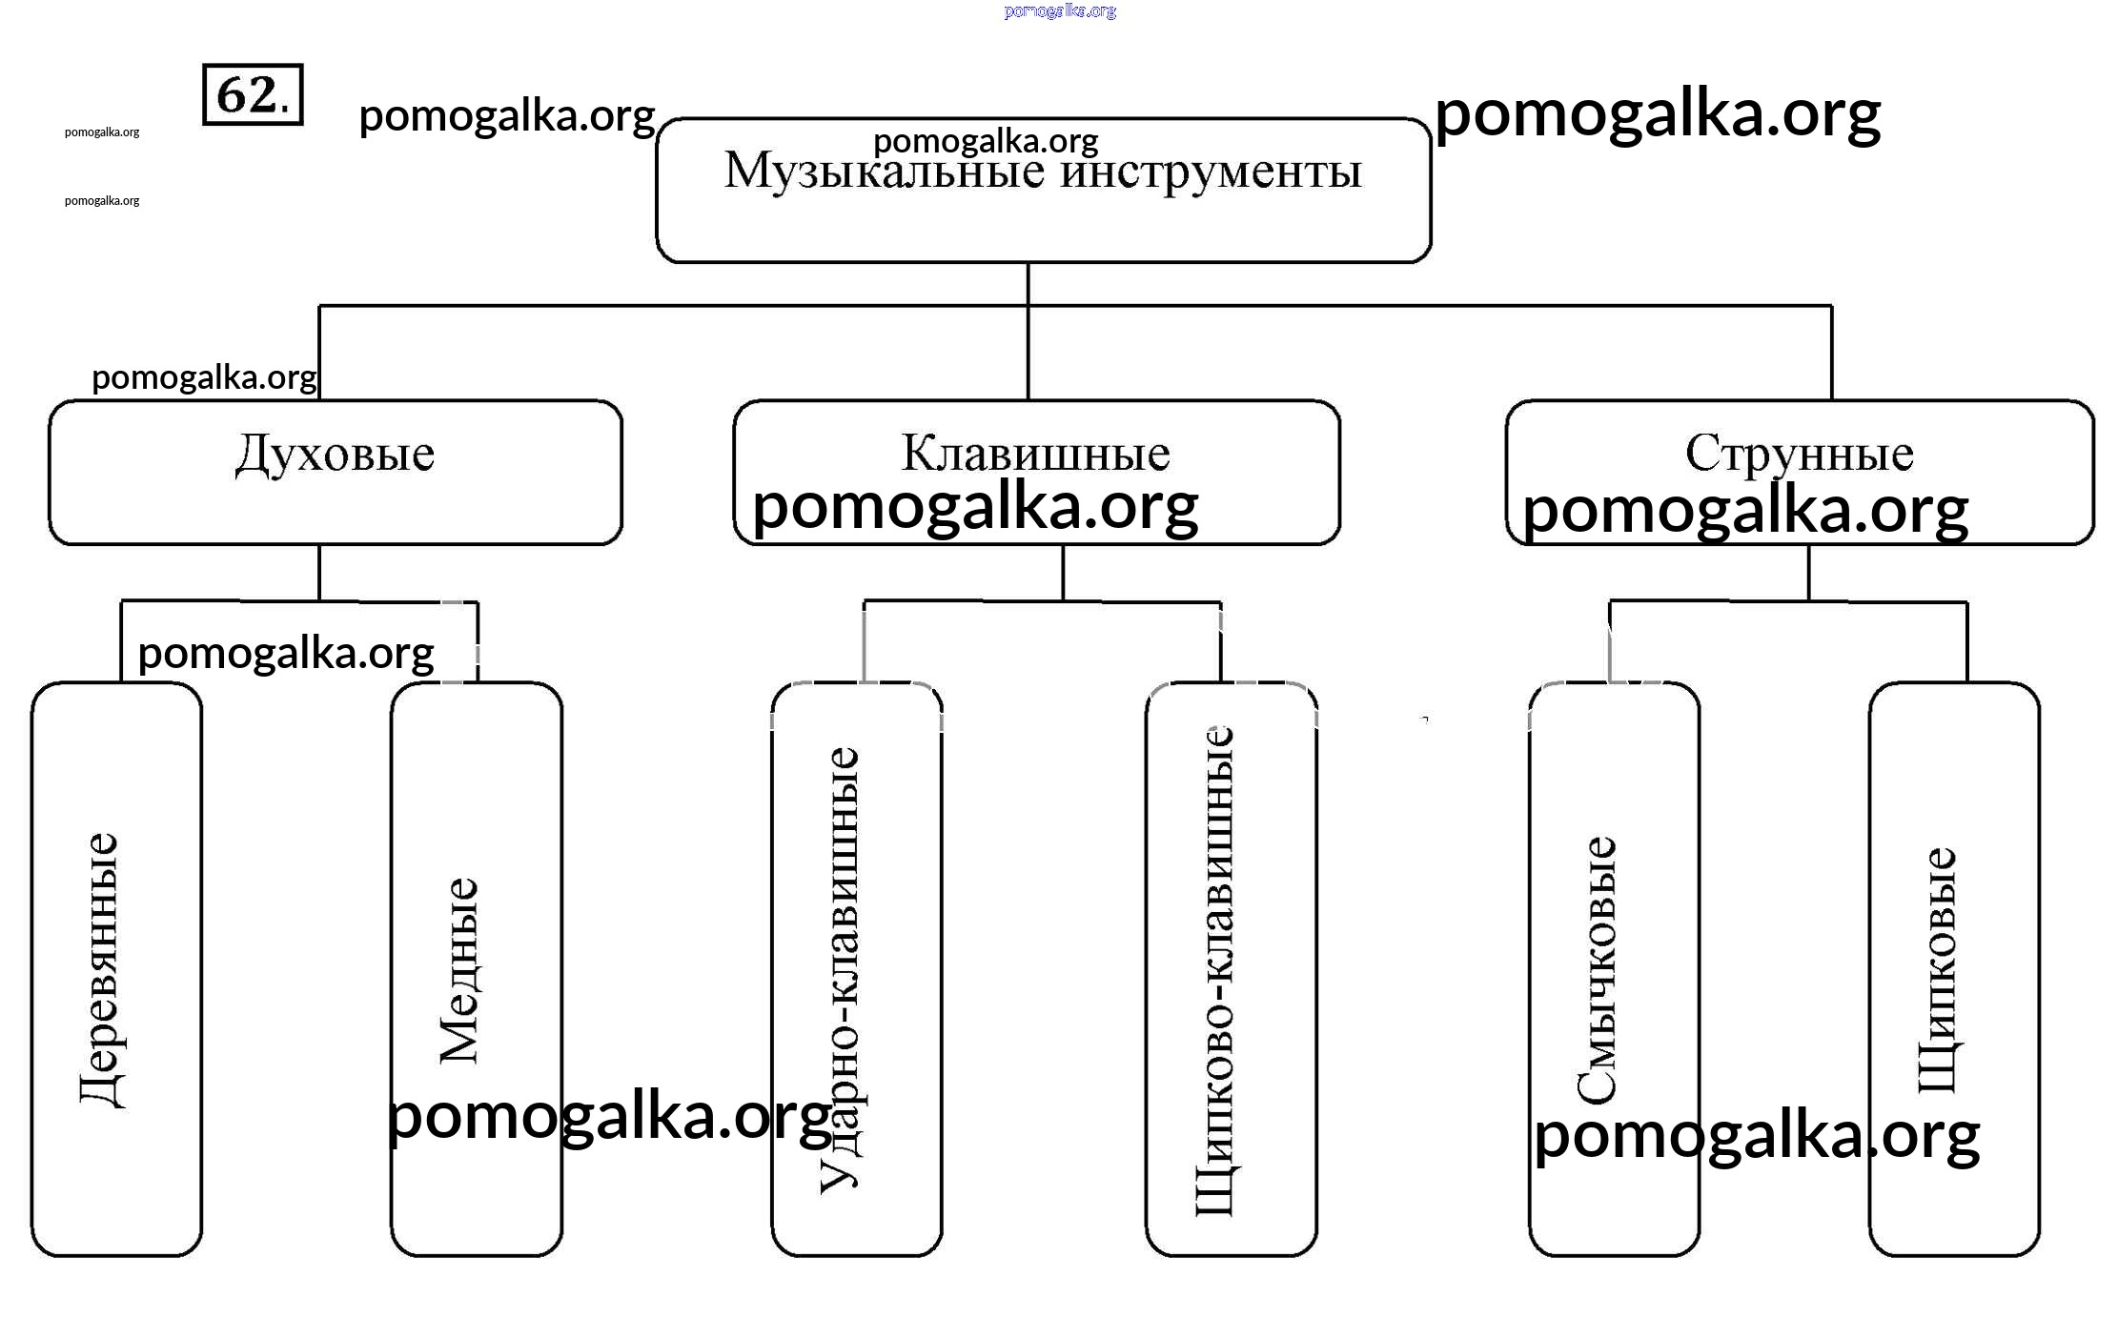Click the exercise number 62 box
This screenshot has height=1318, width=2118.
click(253, 94)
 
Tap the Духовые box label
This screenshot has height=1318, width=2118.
click(335, 455)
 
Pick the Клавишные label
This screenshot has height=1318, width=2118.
click(1035, 454)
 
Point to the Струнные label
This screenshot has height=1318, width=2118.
click(1799, 454)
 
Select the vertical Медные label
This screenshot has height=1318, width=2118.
click(458, 970)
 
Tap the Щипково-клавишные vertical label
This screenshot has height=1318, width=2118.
click(1214, 970)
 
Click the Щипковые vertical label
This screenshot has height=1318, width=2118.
click(1936, 970)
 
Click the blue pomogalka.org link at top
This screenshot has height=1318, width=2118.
click(1060, 11)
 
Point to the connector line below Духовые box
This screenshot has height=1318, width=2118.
click(319, 572)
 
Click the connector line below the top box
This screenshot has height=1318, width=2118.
click(1028, 283)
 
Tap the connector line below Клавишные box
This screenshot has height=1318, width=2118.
click(1063, 572)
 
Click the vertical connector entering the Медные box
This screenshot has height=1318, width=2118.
click(477, 640)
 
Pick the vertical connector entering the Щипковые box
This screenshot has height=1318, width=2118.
click(1966, 640)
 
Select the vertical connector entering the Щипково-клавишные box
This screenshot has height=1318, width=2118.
click(1220, 640)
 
